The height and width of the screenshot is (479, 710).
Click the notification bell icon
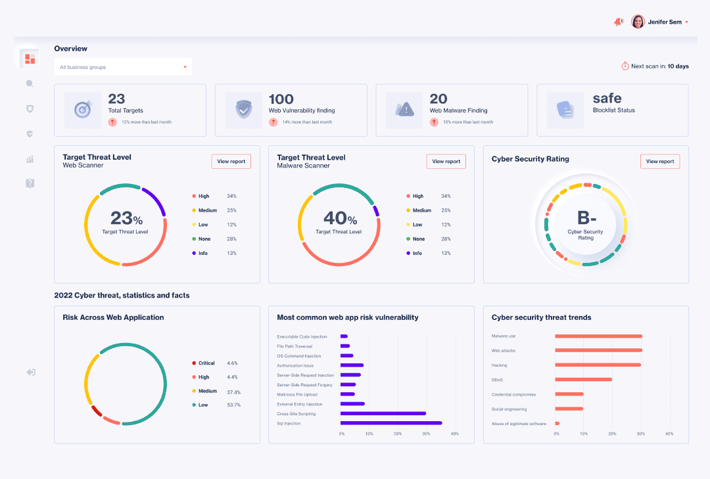(x=618, y=22)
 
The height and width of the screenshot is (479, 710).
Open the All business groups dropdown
(x=123, y=67)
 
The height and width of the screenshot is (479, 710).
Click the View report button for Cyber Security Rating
(x=660, y=162)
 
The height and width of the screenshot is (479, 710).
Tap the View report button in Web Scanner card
(x=231, y=162)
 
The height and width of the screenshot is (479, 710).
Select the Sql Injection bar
(x=391, y=423)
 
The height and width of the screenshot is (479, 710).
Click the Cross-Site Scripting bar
(x=383, y=413)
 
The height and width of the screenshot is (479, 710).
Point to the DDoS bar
(x=584, y=379)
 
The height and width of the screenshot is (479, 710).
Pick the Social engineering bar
(x=569, y=409)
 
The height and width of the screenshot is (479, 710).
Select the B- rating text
(x=586, y=217)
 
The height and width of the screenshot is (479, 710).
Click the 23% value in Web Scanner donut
(x=126, y=218)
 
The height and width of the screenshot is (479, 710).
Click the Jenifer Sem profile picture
(x=638, y=22)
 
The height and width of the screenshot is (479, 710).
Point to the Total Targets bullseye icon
(x=83, y=110)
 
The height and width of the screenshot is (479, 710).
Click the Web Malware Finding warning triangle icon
(x=404, y=110)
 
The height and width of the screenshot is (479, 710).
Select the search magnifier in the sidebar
(x=30, y=83)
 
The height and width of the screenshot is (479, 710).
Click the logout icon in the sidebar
(x=30, y=373)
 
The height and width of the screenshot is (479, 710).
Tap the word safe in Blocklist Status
(x=607, y=99)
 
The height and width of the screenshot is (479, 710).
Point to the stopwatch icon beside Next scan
(x=625, y=66)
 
